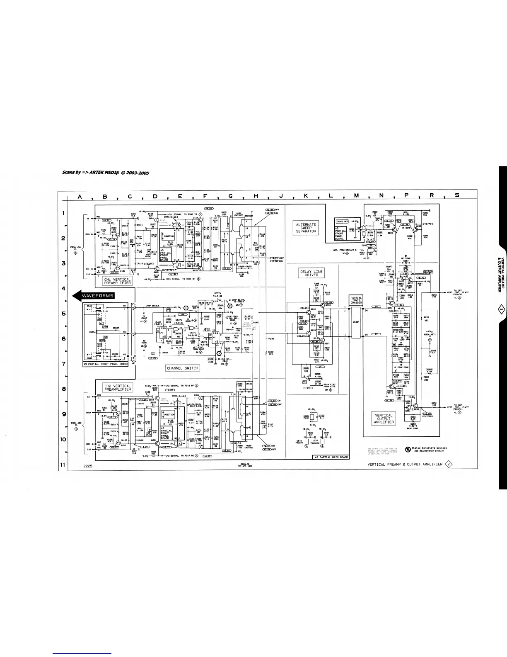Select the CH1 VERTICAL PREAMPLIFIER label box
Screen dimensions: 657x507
click(x=117, y=281)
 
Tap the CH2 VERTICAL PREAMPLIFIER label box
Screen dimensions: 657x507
click(x=117, y=387)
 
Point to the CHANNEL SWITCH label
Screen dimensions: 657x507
click(x=182, y=368)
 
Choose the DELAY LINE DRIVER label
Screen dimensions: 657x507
click(x=311, y=273)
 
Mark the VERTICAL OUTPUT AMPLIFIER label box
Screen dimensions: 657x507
click(x=384, y=419)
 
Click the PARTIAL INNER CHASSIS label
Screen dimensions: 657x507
click(x=356, y=301)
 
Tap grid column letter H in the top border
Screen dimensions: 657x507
click(x=256, y=196)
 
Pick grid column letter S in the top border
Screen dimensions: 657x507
click(x=457, y=196)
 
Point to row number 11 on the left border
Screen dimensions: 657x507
click(x=63, y=465)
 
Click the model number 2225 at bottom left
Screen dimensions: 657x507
click(x=87, y=466)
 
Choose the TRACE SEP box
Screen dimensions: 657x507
click(x=342, y=221)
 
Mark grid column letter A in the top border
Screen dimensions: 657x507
click(x=79, y=196)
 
